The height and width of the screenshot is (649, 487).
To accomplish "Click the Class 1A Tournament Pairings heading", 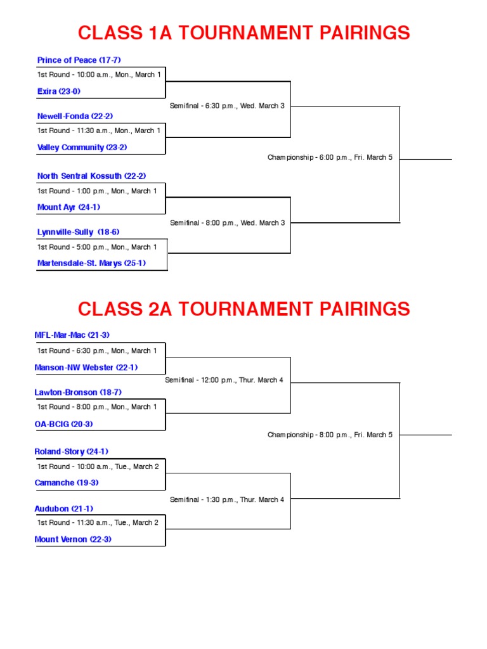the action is [x=243, y=33].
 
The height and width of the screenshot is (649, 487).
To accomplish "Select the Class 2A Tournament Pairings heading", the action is [x=243, y=309].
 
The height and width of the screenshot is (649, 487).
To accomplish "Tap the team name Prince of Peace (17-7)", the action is [x=79, y=60].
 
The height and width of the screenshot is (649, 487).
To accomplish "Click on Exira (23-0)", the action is [x=59, y=91].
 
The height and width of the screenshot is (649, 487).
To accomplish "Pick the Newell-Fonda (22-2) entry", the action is [x=75, y=116].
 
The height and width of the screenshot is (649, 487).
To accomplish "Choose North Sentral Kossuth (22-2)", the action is [x=91, y=176].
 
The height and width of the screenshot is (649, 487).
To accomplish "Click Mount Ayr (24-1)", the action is [x=68, y=207].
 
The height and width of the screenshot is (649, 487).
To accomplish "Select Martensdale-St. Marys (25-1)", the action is [x=91, y=263].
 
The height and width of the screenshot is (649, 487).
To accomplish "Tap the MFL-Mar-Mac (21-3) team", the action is [x=72, y=335].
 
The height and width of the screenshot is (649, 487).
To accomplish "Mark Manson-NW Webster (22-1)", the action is [x=86, y=367].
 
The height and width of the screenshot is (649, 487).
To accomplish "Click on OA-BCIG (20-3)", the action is [x=63, y=424].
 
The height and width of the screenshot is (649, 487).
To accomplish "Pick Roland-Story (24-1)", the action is [x=71, y=451].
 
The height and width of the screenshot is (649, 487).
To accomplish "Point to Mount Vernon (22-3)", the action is [x=73, y=539].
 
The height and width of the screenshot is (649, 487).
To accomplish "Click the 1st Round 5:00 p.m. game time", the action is [x=97, y=247].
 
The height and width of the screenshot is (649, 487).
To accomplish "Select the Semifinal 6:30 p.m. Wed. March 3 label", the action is [x=227, y=106].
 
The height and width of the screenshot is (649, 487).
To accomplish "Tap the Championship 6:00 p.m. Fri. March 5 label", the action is [x=330, y=157].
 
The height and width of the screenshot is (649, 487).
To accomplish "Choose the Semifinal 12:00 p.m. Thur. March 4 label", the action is [x=224, y=380].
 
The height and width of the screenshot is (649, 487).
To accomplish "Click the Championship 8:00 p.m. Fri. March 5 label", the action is [x=330, y=435].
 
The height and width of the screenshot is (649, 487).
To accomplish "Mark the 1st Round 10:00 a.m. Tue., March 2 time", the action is [x=98, y=466].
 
